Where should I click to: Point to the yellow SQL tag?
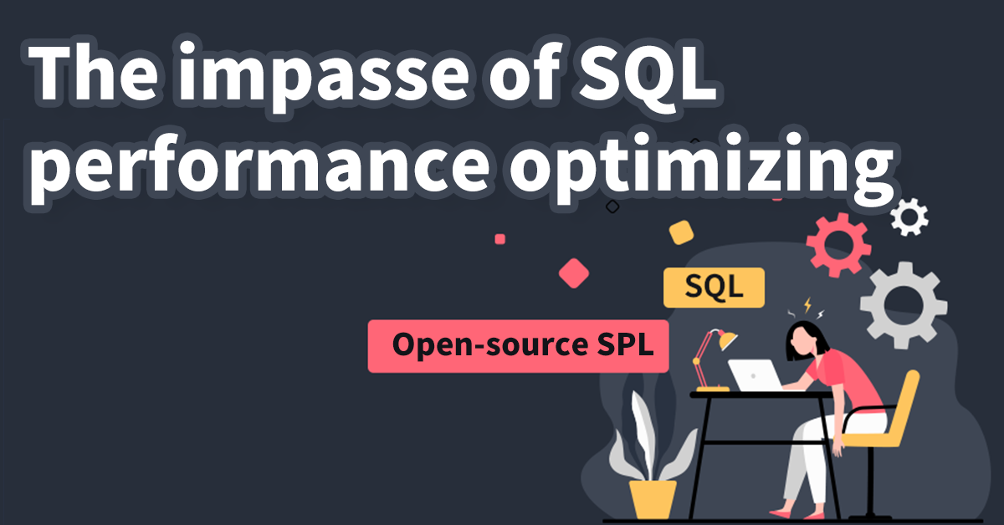[714, 288]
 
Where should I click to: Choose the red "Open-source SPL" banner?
[519, 345]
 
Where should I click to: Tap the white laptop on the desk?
[755, 375]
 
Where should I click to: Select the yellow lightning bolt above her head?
[807, 305]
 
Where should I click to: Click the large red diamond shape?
[575, 273]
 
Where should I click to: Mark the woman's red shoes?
[782, 512]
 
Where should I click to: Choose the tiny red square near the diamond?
[500, 238]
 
